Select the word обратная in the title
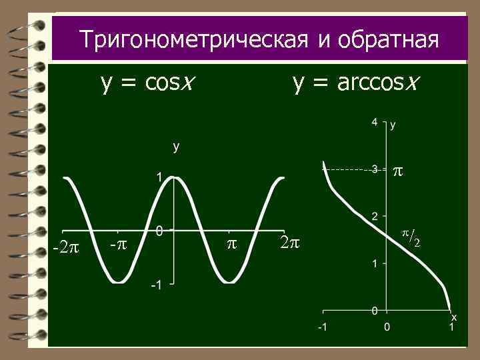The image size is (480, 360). click(x=388, y=39)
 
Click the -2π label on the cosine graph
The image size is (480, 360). click(x=65, y=248)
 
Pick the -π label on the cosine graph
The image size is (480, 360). click(x=118, y=244)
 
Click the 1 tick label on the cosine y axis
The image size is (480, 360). click(x=159, y=177)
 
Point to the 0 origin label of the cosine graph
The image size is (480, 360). click(x=159, y=231)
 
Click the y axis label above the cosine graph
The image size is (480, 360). click(x=176, y=147)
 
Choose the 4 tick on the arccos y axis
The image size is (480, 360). click(x=375, y=122)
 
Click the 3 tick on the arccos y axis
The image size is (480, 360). click(x=375, y=170)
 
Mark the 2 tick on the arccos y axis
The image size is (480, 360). click(x=375, y=217)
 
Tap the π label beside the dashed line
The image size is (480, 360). click(x=397, y=171)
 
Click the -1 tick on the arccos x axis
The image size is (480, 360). click(x=322, y=328)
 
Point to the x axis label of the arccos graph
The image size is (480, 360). click(x=454, y=317)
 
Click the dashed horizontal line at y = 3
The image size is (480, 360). click(x=347, y=170)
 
